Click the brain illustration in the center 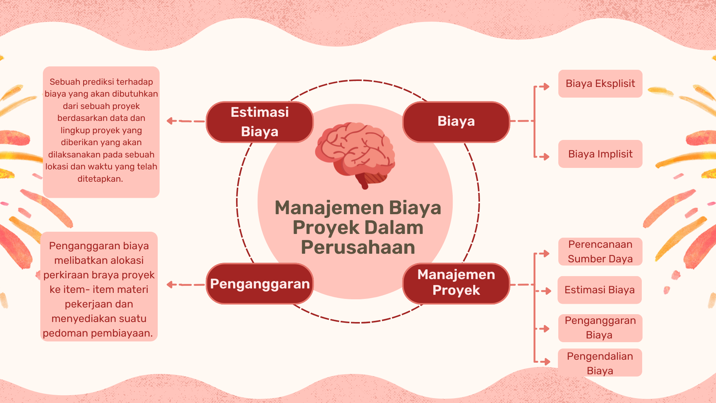click(x=355, y=153)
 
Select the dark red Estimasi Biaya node click(x=260, y=122)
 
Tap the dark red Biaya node click(x=456, y=122)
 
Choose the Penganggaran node click(x=260, y=284)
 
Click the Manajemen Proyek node click(x=456, y=283)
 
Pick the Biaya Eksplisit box click(x=600, y=84)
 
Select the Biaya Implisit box click(x=600, y=154)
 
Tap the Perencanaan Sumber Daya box click(x=600, y=252)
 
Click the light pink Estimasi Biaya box click(x=599, y=290)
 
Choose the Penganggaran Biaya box click(x=600, y=328)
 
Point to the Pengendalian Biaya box click(x=600, y=363)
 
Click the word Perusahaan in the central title click(x=358, y=247)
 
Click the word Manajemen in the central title click(x=329, y=208)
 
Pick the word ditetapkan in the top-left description click(x=100, y=179)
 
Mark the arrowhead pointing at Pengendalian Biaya click(x=547, y=362)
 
